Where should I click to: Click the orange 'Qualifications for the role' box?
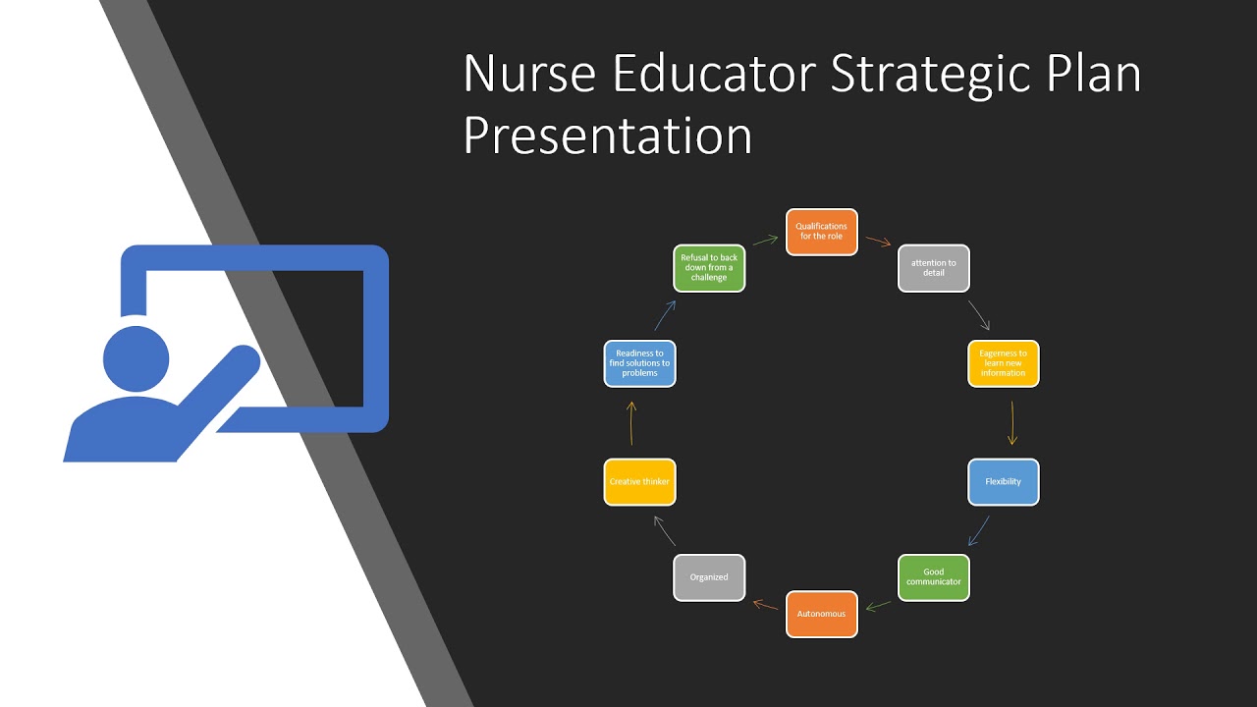tap(822, 232)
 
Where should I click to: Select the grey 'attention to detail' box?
tap(934, 268)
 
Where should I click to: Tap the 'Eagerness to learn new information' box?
tap(1003, 363)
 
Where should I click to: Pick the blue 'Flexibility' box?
tap(1003, 482)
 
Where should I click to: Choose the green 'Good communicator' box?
tap(934, 577)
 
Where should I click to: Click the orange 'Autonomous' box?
tap(822, 614)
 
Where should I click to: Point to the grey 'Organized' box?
tap(709, 577)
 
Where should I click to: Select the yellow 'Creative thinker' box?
tap(639, 482)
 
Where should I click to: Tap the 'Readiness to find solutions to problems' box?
tap(639, 363)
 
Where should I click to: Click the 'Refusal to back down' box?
tap(709, 268)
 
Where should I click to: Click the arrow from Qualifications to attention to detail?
tap(878, 242)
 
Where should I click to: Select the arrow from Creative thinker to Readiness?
tap(631, 423)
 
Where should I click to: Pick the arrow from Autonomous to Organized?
tap(765, 604)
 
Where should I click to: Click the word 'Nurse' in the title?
tap(526, 76)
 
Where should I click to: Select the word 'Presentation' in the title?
tap(607, 136)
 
